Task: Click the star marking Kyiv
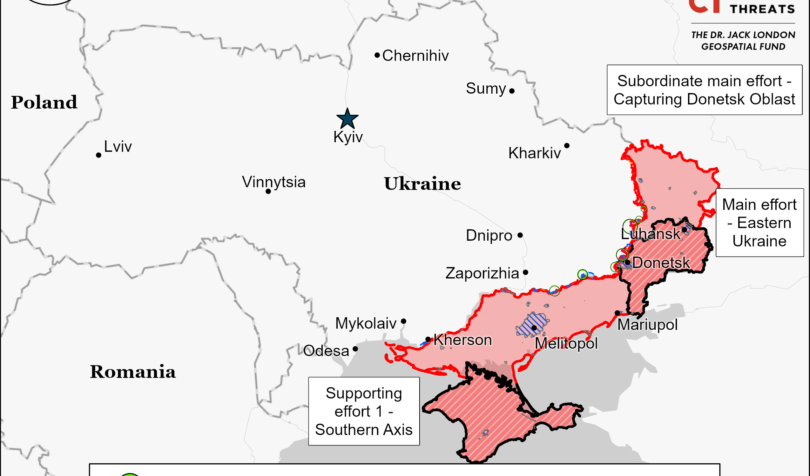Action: pos(347,119)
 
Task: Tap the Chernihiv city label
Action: pos(415,56)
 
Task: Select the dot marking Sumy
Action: pos(512,91)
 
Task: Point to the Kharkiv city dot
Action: pos(567,146)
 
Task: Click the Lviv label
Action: pos(118,147)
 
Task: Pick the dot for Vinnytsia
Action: pos(268,191)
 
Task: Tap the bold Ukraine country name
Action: pos(422,184)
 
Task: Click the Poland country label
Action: pos(44,103)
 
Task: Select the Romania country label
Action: pos(132,372)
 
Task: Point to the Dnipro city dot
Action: pos(520,235)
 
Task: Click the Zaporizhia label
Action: pos(482,273)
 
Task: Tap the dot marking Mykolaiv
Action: pos(404,321)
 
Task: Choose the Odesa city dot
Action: pos(355,349)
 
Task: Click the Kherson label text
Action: pos(462,340)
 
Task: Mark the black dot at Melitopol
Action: pos(534,328)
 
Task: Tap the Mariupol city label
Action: pos(647,325)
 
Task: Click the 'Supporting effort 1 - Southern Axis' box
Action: pos(364,411)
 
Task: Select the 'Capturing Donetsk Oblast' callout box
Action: pos(705,90)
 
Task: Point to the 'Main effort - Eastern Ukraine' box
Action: pos(759,223)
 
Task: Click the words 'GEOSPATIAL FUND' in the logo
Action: pos(743,47)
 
